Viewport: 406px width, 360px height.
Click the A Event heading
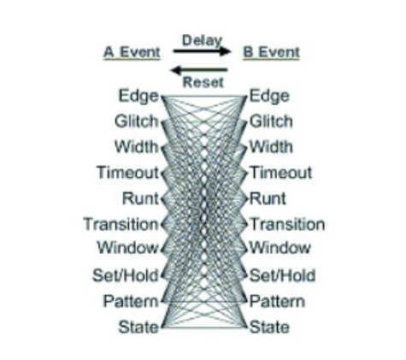point(132,52)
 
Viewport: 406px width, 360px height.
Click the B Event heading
point(271,52)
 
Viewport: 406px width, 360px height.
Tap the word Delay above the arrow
point(202,40)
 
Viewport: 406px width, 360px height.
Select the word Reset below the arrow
point(203,82)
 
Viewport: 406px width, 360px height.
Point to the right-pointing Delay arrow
point(202,51)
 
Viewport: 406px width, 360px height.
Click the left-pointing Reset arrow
point(198,70)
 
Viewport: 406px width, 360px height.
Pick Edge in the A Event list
point(138,97)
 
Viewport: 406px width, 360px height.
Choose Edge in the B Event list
point(269,97)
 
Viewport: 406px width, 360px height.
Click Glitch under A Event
point(137,121)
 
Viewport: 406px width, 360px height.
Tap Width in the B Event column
point(271,147)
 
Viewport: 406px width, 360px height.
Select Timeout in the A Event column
point(127,173)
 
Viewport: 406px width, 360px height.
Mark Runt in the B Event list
point(268,198)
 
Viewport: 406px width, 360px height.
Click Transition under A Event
point(121,224)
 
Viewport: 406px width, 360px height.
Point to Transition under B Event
point(287,224)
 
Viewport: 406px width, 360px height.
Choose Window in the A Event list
point(127,247)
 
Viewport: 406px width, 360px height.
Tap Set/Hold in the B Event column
point(283,275)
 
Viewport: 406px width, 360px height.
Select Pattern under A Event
point(131,301)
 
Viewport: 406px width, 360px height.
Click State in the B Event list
point(269,327)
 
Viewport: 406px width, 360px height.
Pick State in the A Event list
point(138,327)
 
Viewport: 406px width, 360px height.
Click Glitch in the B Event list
point(271,121)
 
